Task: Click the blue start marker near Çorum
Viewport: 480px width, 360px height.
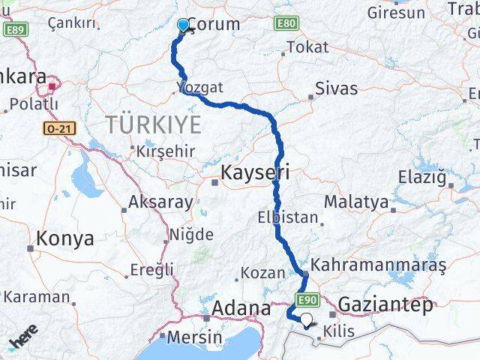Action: point(183,25)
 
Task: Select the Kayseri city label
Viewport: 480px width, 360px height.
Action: point(255,174)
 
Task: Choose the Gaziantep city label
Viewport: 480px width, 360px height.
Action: point(386,304)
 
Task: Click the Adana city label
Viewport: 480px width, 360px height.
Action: point(241,308)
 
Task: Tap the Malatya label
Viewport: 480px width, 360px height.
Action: point(356,202)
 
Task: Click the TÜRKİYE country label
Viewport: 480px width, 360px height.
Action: point(154,124)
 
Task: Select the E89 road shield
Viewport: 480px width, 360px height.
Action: point(14,30)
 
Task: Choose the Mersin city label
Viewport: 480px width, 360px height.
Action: point(193,337)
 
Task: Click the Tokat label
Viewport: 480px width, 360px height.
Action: point(307,46)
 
